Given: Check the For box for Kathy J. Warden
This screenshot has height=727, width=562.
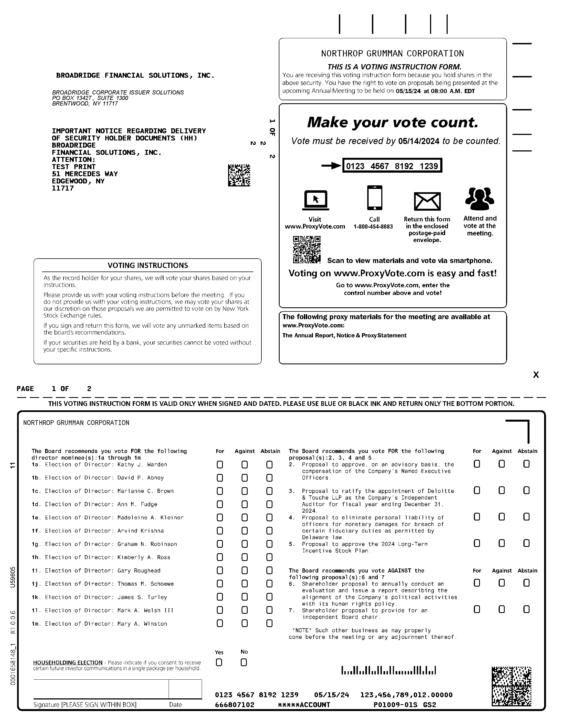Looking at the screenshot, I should pos(220,464).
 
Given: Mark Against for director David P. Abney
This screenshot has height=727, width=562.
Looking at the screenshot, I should pos(244,478).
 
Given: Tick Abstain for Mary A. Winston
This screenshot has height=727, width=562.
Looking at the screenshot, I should pos(269,623).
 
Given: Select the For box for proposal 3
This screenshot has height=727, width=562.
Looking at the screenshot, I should pos(477,490).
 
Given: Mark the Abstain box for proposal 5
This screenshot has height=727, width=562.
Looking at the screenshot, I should pos(526,543).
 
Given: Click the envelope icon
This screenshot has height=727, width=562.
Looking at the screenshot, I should pos(427,201).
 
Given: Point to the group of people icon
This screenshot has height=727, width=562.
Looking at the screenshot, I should pos(479,199).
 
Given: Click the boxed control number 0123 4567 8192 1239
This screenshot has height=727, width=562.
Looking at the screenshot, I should pos(392,166).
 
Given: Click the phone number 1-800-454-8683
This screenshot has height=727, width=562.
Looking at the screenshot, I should pos(373,227).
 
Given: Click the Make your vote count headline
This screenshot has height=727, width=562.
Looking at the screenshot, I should pos(393,123).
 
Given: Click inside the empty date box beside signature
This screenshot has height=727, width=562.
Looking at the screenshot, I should pos(185,689).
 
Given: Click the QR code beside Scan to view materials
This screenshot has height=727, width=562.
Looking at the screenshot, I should pos(307,250).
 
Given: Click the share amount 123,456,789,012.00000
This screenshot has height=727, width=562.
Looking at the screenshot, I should pos(406,695).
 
